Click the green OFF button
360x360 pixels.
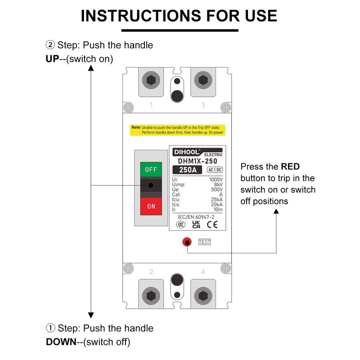pos(151,170)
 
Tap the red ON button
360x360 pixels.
pos(151,207)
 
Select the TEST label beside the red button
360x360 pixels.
pos(204,242)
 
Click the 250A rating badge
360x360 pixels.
pos(188,170)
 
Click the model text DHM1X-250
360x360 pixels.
pos(198,161)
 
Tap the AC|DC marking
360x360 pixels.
pos(214,170)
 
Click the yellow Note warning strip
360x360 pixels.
pos(178,130)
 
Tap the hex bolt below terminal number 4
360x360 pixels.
pos(202,296)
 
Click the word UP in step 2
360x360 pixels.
pos(53,59)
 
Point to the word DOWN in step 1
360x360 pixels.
pos(61,342)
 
